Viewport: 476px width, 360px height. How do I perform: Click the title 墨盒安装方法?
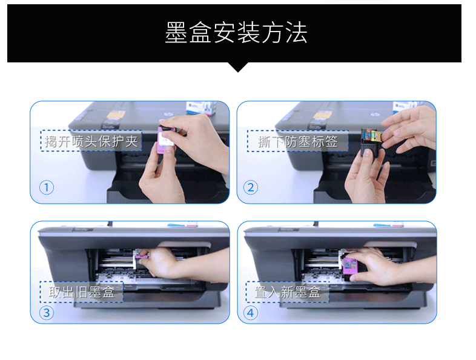click(x=236, y=32)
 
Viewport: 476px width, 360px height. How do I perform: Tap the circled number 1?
click(x=47, y=187)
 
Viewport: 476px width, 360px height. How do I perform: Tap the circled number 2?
click(x=251, y=187)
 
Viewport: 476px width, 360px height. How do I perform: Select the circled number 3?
click(x=47, y=313)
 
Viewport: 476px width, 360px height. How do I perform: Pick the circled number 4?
click(x=251, y=313)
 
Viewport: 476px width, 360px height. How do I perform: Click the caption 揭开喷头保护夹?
click(x=91, y=141)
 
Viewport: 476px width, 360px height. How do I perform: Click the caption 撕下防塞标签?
click(x=298, y=141)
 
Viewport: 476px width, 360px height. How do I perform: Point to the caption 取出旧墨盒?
click(x=82, y=292)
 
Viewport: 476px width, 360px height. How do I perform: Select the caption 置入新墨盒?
click(x=288, y=292)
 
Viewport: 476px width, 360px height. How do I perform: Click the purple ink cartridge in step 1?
click(x=166, y=140)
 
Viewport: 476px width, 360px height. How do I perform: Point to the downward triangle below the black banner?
click(x=238, y=67)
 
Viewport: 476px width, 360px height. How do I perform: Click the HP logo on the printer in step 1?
click(x=167, y=114)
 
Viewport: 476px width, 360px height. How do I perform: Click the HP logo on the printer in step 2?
click(x=374, y=114)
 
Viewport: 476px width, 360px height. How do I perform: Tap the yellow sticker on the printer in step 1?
click(x=115, y=115)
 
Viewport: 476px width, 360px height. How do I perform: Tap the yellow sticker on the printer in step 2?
click(x=322, y=115)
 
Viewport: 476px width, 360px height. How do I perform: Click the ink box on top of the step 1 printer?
click(x=201, y=108)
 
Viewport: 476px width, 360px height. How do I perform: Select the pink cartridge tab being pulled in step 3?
click(x=142, y=257)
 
